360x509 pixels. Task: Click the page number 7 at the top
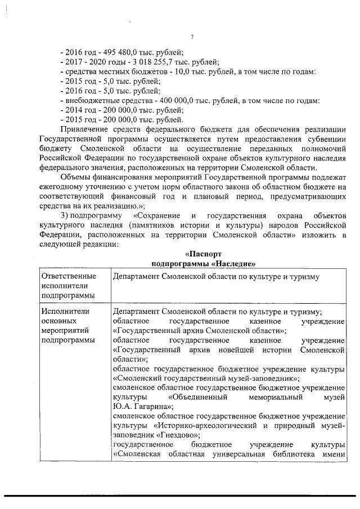(192, 37)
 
